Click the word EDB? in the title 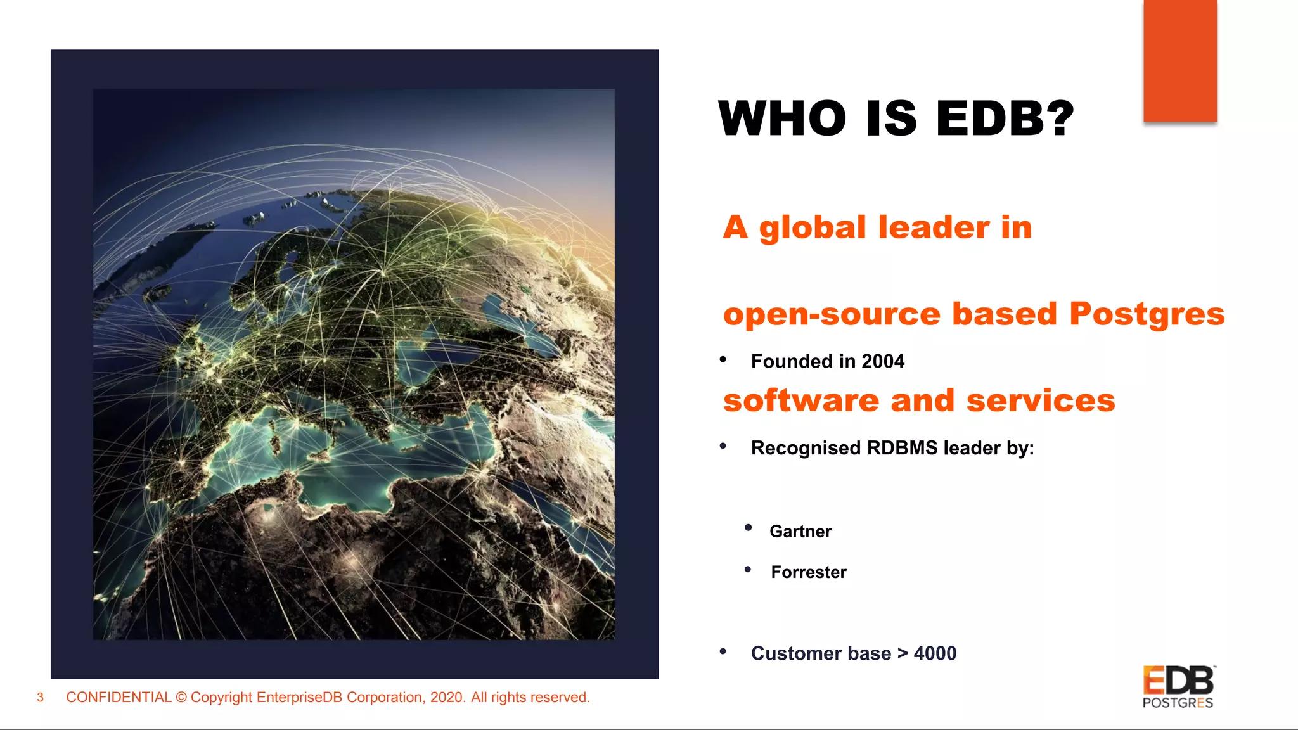point(1005,118)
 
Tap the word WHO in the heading point(782,118)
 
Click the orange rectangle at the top point(1179,61)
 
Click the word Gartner point(800,532)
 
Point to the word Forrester point(809,572)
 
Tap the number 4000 point(935,653)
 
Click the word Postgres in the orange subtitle point(1147,314)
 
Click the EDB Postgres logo point(1178,687)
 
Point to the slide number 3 point(40,698)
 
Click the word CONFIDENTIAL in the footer point(119,698)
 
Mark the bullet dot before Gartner point(749,528)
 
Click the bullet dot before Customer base point(723,651)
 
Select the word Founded point(792,361)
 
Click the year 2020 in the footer point(446,698)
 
